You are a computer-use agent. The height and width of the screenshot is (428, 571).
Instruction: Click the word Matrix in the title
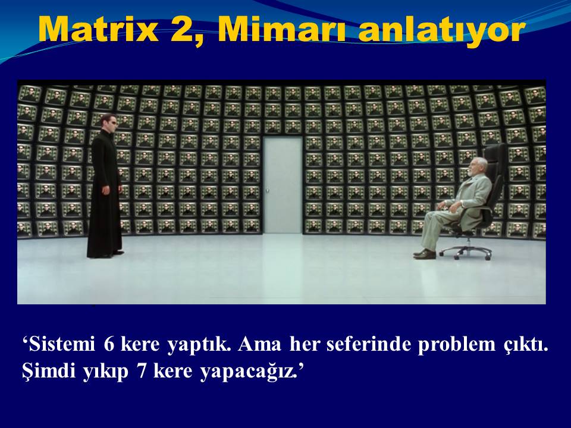(x=98, y=30)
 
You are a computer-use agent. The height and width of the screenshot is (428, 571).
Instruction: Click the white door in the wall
(x=283, y=185)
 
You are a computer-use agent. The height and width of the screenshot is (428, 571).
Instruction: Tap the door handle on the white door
(x=267, y=190)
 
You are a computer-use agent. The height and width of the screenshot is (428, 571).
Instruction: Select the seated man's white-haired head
(x=476, y=166)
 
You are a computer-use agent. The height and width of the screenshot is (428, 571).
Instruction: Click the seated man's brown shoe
(x=425, y=254)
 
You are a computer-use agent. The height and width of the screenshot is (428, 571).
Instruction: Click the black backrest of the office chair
(x=496, y=171)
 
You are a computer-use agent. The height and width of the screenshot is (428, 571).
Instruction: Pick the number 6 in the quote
(x=109, y=344)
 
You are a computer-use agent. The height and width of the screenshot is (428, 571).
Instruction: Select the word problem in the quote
(x=457, y=345)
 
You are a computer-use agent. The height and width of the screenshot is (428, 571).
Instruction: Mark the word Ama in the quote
(x=260, y=344)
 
